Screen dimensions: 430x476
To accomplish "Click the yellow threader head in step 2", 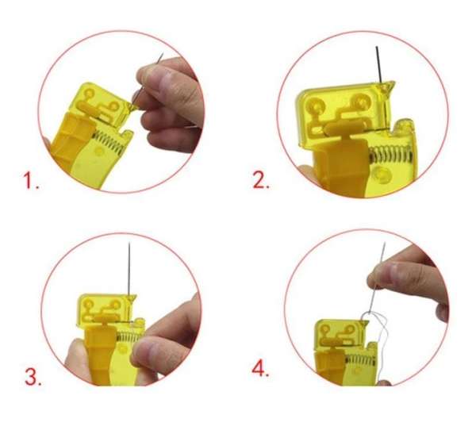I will tap(341, 111).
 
